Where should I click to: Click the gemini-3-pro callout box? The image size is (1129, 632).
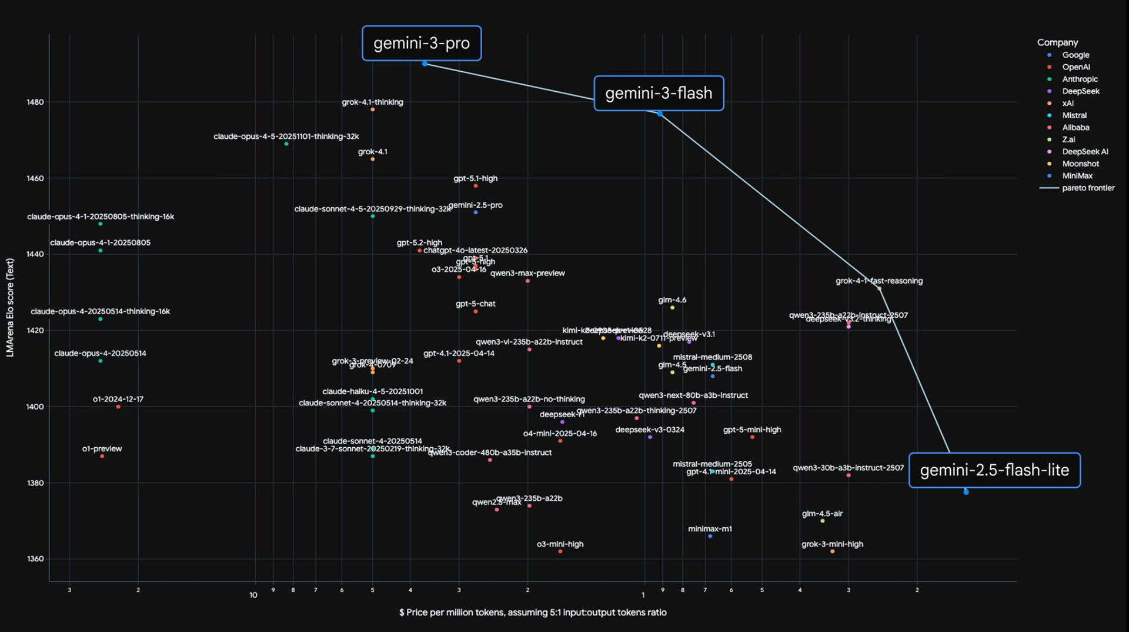pos(422,43)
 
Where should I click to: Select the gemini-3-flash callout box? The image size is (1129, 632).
pos(659,93)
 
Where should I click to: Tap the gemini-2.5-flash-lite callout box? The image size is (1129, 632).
pos(994,470)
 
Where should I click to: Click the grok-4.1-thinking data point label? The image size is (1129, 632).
pos(372,102)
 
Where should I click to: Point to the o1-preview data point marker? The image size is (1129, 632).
pos(102,456)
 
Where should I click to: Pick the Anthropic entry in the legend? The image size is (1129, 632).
pos(1080,79)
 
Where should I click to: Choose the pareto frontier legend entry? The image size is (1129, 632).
pos(1088,188)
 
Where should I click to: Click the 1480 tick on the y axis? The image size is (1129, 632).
pos(35,102)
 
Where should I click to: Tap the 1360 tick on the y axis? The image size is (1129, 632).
pos(35,558)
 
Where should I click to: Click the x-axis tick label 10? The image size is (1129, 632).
pos(253,595)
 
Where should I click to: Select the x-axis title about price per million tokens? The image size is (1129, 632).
pos(533,613)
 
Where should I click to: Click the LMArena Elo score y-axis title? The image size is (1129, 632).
pos(10,307)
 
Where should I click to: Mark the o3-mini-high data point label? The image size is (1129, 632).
pos(560,544)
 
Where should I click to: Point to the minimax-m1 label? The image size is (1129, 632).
pos(710,528)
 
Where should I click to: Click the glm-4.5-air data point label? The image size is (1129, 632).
pos(822,513)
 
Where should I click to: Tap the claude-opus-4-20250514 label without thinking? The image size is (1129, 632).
pos(100,353)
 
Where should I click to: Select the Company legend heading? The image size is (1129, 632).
pos(1057,42)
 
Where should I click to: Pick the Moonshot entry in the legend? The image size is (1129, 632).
pos(1080,164)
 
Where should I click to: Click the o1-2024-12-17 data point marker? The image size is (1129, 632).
pos(118,407)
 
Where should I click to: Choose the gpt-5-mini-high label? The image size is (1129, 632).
pos(752,430)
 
